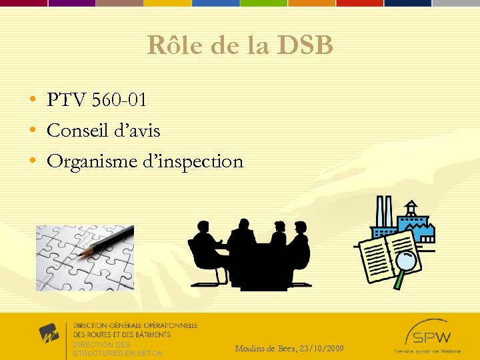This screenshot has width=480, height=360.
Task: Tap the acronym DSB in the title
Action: coord(305,45)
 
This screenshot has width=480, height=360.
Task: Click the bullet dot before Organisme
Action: coord(33,162)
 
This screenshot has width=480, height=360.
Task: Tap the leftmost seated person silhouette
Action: coord(205,250)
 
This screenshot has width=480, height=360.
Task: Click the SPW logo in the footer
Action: coord(429,337)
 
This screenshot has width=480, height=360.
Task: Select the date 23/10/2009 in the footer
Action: coord(323,349)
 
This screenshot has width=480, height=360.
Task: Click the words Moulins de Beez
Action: coord(265,349)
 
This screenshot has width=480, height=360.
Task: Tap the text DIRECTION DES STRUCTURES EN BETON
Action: coord(117,349)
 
